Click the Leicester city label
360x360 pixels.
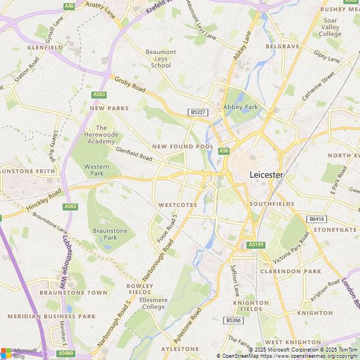(266, 175)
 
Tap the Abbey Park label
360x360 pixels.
(240, 107)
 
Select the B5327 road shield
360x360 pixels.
(198, 112)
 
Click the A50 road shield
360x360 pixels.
(224, 151)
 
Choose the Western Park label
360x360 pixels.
(97, 170)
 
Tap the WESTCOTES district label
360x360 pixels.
(177, 205)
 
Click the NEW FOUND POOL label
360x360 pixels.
(183, 146)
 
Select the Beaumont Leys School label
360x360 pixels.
(161, 58)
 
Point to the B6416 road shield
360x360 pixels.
(317, 219)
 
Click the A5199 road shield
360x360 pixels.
(255, 245)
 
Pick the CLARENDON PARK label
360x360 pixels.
(291, 271)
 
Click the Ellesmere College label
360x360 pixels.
(154, 303)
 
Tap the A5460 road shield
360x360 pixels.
(66, 353)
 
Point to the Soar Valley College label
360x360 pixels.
(330, 27)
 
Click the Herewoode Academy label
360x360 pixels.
(101, 134)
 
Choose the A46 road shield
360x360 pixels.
(69, 6)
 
